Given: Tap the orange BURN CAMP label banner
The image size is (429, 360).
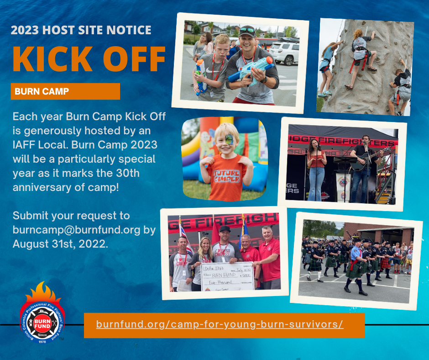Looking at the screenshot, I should tap(65, 91).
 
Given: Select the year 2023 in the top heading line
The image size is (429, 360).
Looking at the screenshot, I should tap(26, 31).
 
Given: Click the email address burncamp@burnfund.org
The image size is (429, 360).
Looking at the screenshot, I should tap(76, 230).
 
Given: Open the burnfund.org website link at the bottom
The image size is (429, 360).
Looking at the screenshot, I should tap(220, 325).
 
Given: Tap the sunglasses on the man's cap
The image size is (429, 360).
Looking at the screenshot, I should tap(247, 30).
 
